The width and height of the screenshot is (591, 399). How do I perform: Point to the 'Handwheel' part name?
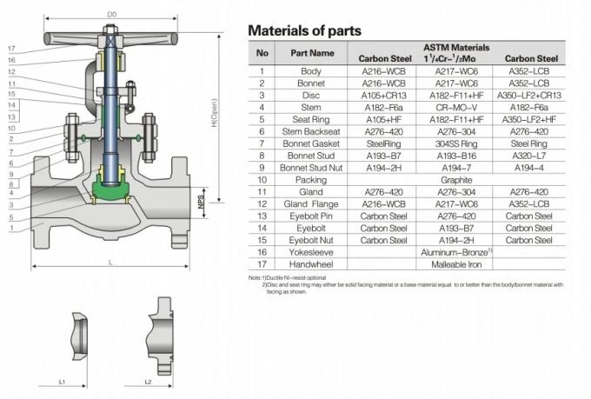(310, 263)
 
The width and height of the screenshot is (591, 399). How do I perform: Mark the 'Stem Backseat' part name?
(310, 130)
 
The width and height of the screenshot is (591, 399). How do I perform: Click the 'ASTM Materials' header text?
(455, 47)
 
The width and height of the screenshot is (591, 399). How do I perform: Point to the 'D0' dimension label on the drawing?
(111, 14)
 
